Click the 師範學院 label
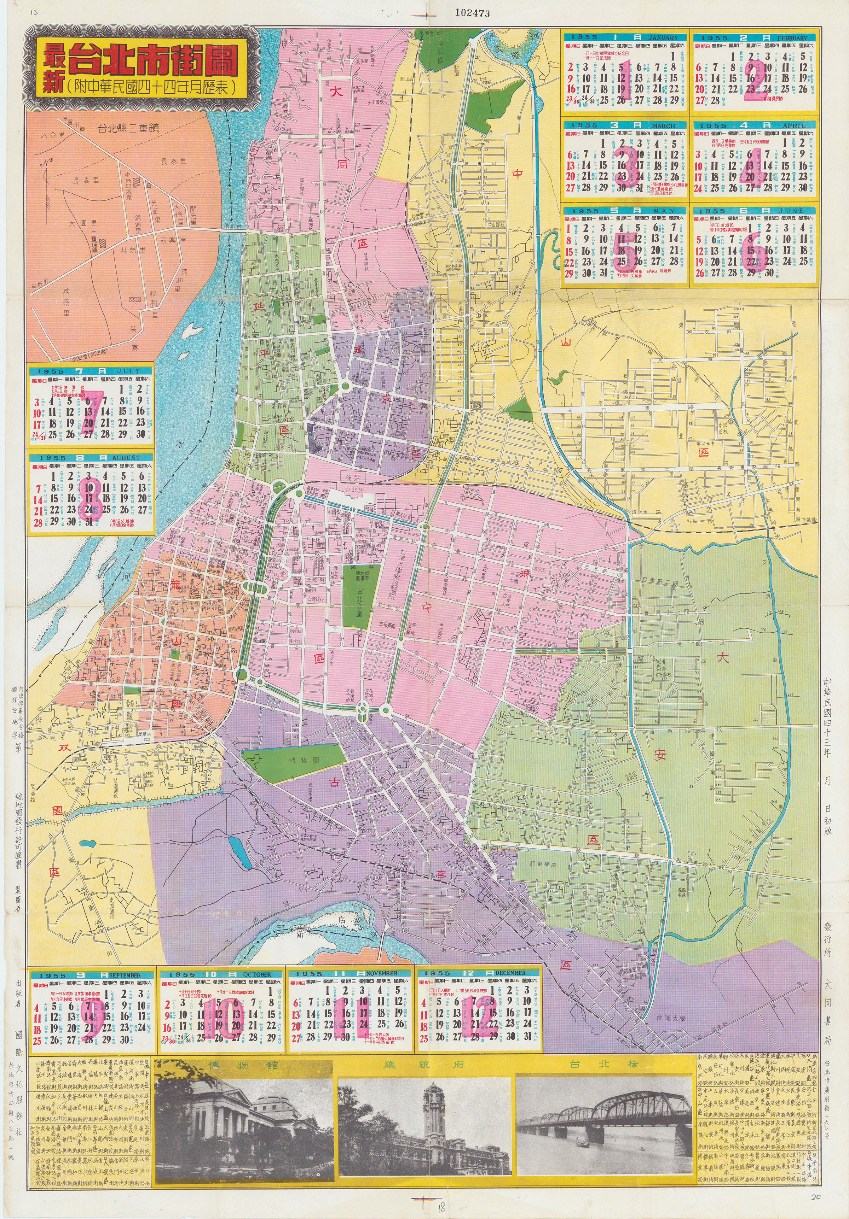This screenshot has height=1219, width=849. (542, 865)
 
